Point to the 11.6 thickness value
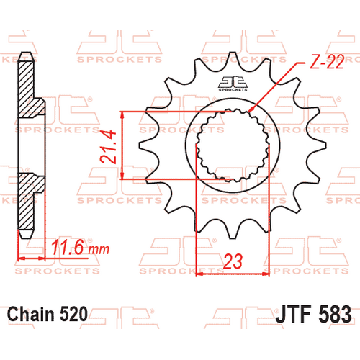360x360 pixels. pos(69,249)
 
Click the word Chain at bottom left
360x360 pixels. pos(30,315)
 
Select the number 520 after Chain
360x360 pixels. pos(73,315)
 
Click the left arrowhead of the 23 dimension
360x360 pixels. pos(199,273)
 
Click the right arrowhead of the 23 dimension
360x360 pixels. pos(266,273)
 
